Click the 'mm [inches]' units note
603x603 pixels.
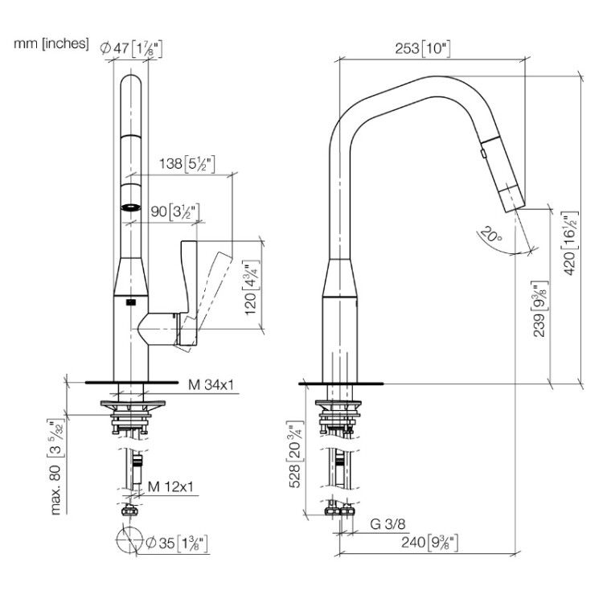coord(51,43)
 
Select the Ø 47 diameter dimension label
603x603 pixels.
coord(131,48)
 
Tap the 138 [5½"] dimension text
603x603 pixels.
coord(187,164)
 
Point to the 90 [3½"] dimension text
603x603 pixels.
coord(175,211)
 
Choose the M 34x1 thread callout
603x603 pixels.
coord(211,384)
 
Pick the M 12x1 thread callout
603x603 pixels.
coord(170,487)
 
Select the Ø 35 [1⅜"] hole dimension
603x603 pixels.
coord(178,543)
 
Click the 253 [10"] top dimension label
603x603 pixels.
coord(423,48)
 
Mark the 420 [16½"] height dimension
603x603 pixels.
coord(570,244)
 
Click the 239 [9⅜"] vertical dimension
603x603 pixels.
coord(539,310)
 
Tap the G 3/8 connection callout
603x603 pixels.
coord(388,523)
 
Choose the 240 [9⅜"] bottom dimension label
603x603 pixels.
coord(429,543)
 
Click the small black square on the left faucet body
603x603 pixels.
coord(131,302)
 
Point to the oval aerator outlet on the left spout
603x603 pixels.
coord(131,207)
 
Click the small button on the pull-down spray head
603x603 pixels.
coord(483,154)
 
